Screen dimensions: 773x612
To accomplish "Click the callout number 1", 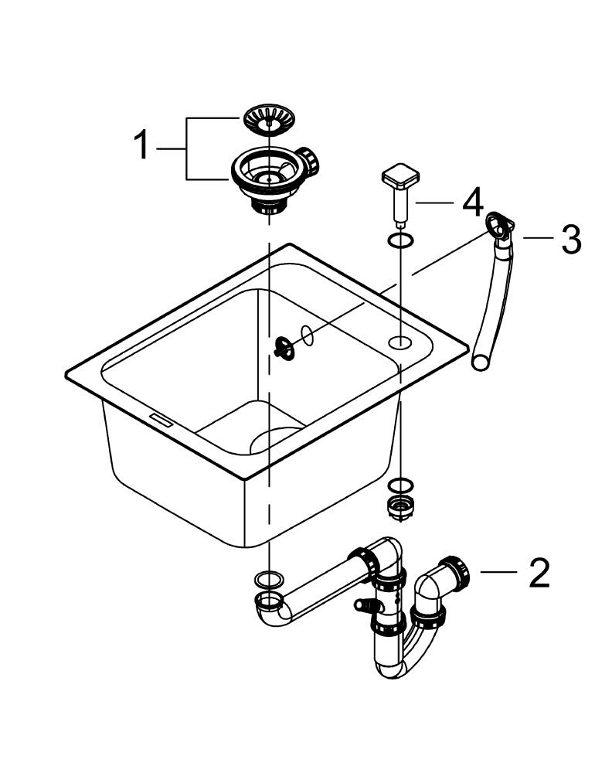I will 141,145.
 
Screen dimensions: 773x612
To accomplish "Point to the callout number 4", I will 472,203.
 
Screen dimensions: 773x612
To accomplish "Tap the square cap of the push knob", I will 399,177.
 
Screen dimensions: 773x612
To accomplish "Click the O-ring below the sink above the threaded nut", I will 398,486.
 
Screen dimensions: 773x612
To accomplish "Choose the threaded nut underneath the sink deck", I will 398,508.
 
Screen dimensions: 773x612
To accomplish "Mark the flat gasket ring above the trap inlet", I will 268,577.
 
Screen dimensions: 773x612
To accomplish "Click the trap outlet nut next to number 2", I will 457,573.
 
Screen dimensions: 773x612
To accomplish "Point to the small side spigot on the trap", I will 362,606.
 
